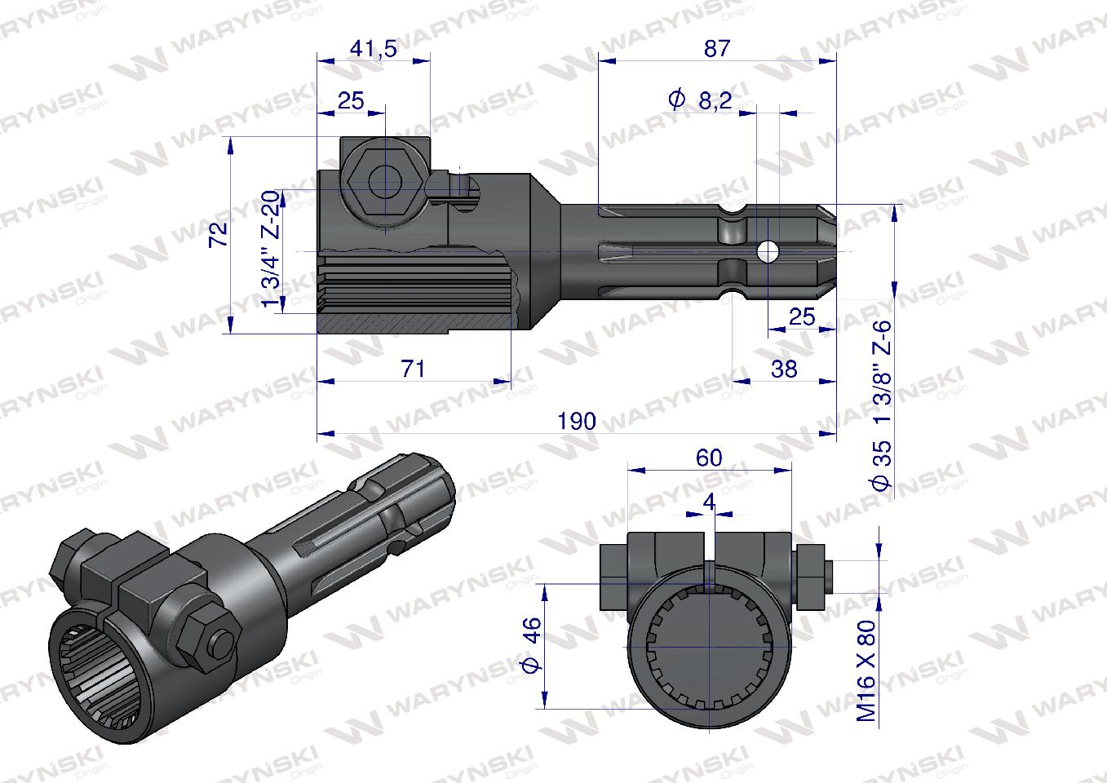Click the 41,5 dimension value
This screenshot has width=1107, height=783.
[x=373, y=49]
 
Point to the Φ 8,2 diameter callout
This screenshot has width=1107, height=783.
[x=700, y=100]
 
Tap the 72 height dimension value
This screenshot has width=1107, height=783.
[x=218, y=235]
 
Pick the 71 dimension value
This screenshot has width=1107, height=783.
[x=413, y=369]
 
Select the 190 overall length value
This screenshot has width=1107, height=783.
[x=576, y=422]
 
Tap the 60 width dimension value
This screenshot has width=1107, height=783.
[x=709, y=458]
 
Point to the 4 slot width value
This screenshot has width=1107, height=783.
[x=708, y=502]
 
